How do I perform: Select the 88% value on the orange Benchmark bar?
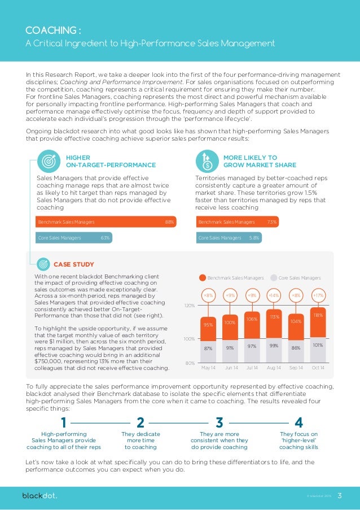pyautogui.click(x=169, y=222)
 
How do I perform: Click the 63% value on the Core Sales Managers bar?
pyautogui.click(x=105, y=238)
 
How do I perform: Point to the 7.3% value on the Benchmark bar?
pyautogui.click(x=272, y=222)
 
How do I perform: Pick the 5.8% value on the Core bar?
pyautogui.click(x=254, y=238)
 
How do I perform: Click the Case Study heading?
pyautogui.click(x=73, y=264)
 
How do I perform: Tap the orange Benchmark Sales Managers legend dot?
pyautogui.click(x=202, y=278)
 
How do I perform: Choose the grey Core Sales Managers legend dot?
pyautogui.click(x=274, y=278)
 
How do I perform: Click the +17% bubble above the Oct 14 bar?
pyautogui.click(x=318, y=295)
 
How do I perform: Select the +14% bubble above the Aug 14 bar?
pyautogui.click(x=274, y=295)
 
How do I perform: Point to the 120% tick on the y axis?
pyautogui.click(x=189, y=306)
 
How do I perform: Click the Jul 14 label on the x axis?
pyautogui.click(x=252, y=368)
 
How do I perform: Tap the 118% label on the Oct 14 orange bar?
pyautogui.click(x=318, y=316)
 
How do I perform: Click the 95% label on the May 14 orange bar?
pyautogui.click(x=208, y=325)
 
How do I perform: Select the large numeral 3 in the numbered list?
pyautogui.click(x=219, y=423)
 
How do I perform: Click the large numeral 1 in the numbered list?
pyautogui.click(x=64, y=423)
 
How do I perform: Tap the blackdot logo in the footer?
pyautogui.click(x=39, y=496)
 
